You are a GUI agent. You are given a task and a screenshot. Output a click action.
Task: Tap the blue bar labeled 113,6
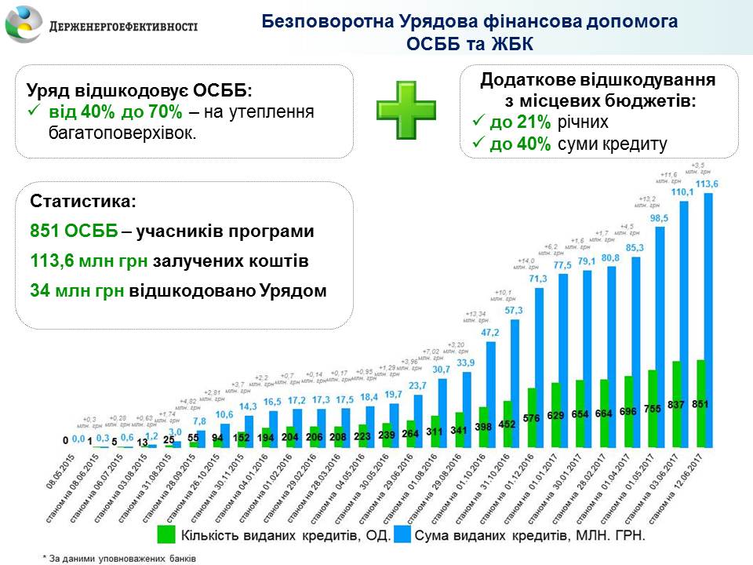(709, 314)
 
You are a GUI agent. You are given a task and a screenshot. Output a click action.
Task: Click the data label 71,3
(538, 279)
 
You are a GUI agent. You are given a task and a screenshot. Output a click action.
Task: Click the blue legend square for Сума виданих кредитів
(401, 534)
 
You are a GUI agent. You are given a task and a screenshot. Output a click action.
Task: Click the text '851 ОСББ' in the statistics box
(75, 232)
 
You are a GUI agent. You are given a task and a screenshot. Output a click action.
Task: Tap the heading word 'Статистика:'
(82, 202)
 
